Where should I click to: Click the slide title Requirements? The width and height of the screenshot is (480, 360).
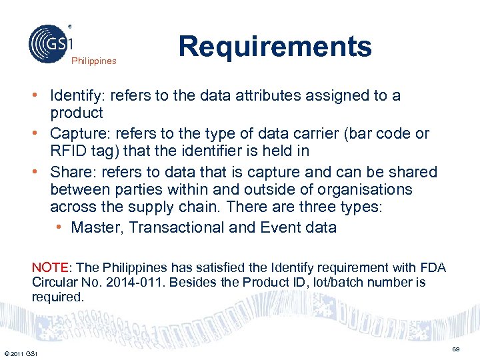pos(275,47)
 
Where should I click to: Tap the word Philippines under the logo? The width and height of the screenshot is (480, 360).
pos(94,61)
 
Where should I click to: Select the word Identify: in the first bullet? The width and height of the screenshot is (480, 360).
pos(78,95)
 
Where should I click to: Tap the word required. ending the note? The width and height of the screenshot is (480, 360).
pos(58,297)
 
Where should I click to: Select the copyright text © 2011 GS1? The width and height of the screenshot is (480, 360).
pos(20,353)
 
